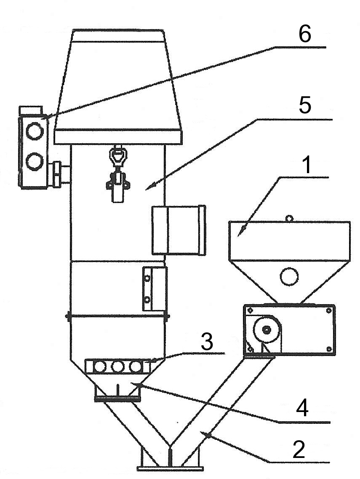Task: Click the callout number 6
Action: click(x=304, y=34)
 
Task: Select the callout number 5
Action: click(x=304, y=106)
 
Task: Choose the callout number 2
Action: click(x=298, y=450)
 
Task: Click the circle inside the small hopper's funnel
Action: click(x=290, y=276)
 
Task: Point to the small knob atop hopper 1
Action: click(x=288, y=218)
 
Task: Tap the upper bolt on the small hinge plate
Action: click(x=147, y=278)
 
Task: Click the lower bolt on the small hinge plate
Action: click(x=147, y=300)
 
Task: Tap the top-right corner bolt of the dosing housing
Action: click(x=328, y=310)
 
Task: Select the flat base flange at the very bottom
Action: click(x=170, y=467)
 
